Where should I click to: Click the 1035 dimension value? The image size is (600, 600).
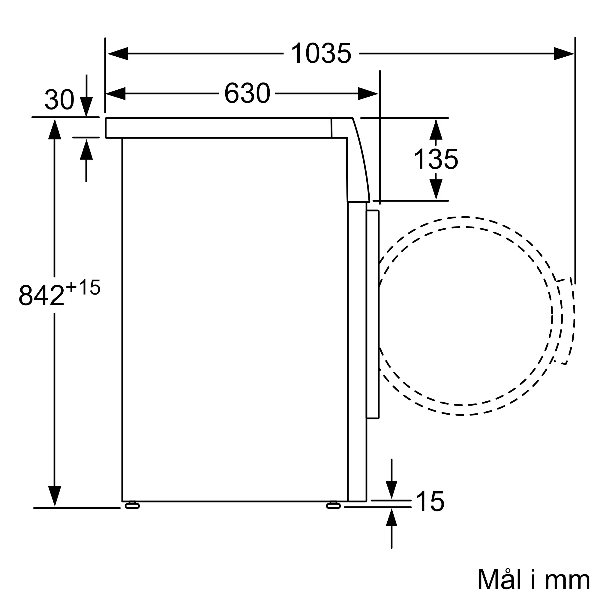pyautogui.click(x=321, y=53)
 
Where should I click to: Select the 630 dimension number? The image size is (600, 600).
pyautogui.click(x=247, y=93)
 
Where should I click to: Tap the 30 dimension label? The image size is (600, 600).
pyautogui.click(x=59, y=100)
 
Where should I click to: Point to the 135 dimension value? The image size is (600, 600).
pyautogui.click(x=436, y=159)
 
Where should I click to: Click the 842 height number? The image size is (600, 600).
pyautogui.click(x=41, y=295)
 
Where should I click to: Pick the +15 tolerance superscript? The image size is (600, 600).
pyautogui.click(x=83, y=287)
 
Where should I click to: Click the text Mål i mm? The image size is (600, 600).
pyautogui.click(x=533, y=580)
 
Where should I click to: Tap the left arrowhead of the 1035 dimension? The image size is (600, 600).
pyautogui.click(x=118, y=53)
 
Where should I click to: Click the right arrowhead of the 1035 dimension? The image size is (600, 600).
pyautogui.click(x=564, y=53)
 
